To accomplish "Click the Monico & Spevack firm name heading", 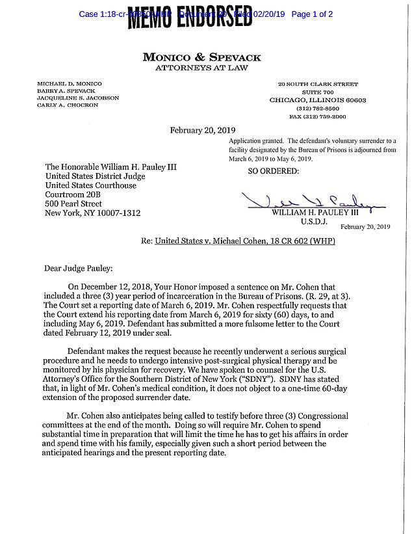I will (203, 57).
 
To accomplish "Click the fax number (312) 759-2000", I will (318, 116).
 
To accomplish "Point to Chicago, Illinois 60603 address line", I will (318, 101).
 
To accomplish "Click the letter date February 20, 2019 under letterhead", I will (202, 130).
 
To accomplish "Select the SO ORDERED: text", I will (274, 172).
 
